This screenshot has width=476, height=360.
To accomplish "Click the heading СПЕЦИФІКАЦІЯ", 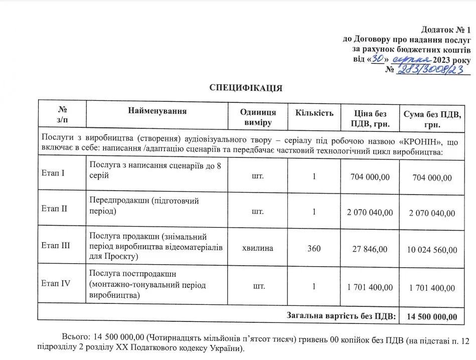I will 246,88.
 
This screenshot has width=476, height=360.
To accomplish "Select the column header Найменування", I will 157,111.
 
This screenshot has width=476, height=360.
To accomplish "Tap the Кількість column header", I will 314,113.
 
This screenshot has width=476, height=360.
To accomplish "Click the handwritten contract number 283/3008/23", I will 430,71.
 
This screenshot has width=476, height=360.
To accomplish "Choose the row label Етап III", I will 56,246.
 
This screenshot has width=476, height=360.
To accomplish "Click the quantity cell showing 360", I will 314,249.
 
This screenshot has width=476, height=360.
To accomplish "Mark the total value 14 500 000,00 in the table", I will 432,316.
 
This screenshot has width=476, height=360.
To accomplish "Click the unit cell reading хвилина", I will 258,249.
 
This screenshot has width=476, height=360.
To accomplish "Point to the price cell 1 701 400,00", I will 370,287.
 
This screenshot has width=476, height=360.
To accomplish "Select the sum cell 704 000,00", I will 432,177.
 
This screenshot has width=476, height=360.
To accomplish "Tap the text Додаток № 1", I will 445,30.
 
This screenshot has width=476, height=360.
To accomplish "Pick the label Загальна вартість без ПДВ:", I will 341,315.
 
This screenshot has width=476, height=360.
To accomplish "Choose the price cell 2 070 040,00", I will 370,212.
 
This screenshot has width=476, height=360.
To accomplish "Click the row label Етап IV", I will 56,283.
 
